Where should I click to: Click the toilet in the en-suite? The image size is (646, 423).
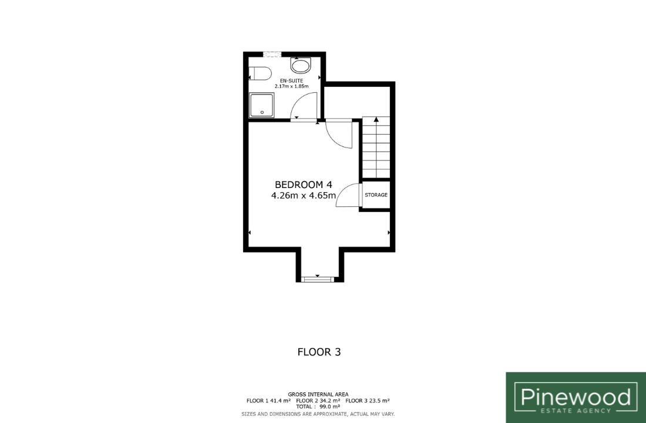(x=260, y=73)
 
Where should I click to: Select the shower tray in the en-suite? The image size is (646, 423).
(x=261, y=105)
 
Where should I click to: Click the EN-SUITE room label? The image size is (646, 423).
(x=292, y=81)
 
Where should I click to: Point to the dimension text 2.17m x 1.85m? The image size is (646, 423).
(x=292, y=86)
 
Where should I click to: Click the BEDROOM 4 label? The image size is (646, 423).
(x=303, y=184)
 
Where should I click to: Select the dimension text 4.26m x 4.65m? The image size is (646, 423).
(x=303, y=196)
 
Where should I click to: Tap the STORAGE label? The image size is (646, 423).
(x=376, y=194)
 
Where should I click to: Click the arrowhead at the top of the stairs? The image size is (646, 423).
(x=376, y=119)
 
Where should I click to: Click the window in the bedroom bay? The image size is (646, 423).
(x=317, y=280)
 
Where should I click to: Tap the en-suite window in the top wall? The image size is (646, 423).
(x=272, y=54)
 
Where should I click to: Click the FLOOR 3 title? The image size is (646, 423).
(x=319, y=352)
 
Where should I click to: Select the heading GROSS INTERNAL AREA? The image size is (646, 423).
(x=318, y=395)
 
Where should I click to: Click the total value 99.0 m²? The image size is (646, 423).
(x=329, y=407)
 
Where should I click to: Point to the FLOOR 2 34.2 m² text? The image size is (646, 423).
(x=318, y=400)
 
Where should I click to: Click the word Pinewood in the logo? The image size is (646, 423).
(x=576, y=397)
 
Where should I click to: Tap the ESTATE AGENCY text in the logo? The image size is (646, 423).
(x=576, y=411)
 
